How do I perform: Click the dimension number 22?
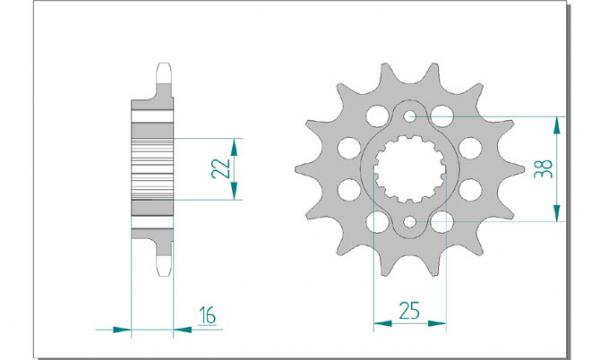221,169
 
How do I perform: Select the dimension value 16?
207,315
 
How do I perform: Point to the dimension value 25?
409,310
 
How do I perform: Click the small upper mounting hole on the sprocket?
410,116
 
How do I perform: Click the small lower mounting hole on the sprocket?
410,222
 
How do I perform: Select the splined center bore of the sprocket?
410,169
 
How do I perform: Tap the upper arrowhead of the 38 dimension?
557,125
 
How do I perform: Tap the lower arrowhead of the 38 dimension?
557,213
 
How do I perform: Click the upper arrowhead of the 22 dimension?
234,147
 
